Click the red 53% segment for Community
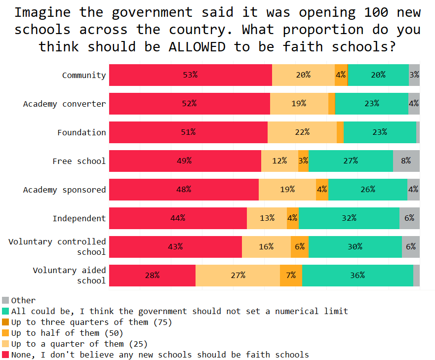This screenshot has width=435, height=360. tap(190, 75)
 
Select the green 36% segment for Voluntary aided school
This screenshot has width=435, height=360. tap(357, 276)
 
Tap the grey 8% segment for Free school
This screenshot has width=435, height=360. tap(406, 161)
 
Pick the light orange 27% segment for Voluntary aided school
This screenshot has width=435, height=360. tap(237, 276)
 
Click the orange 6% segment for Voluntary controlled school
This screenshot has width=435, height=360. tap(300, 247)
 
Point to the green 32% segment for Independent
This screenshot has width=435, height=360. tap(349, 218)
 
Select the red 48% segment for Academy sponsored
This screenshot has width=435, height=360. tap(184, 190)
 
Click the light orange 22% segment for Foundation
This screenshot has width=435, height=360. tap(302, 132)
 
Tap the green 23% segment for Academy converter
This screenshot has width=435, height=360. tap(371, 104)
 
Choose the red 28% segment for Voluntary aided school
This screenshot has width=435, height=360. tap(152, 276)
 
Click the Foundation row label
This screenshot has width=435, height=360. tap(81, 132)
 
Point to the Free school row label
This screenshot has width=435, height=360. tap(79, 161)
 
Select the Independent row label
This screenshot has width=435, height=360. tap(79, 218)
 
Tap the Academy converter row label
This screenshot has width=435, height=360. tap(64, 104)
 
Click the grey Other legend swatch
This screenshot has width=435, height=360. tap(5, 300)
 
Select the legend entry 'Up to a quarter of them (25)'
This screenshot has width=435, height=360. tap(79, 344)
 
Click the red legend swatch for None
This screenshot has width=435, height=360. tap(5, 355)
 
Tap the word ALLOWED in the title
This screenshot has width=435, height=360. tap(197, 47)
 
